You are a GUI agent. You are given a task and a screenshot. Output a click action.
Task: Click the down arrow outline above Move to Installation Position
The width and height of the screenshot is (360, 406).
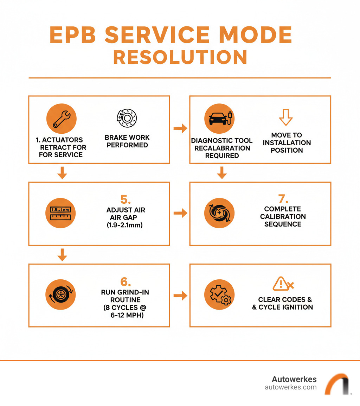click(x=286, y=117)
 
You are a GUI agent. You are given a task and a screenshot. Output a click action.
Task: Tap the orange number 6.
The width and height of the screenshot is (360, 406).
click(x=126, y=282)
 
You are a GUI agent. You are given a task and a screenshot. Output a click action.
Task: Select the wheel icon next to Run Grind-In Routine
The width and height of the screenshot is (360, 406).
click(x=61, y=295)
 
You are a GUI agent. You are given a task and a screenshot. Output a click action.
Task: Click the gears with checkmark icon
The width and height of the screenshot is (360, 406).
click(x=219, y=295)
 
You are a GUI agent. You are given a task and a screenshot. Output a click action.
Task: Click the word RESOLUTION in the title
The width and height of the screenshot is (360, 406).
click(x=180, y=57)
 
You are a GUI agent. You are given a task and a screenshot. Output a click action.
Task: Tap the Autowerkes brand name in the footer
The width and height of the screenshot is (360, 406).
click(x=294, y=379)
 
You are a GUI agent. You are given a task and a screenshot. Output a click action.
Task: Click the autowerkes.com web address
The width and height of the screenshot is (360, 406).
click(x=290, y=387)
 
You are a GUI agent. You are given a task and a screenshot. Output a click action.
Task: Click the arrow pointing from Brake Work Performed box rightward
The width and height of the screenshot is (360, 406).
click(x=180, y=129)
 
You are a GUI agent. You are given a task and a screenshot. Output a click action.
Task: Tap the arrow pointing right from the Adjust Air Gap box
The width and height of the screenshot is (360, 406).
click(x=180, y=213)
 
